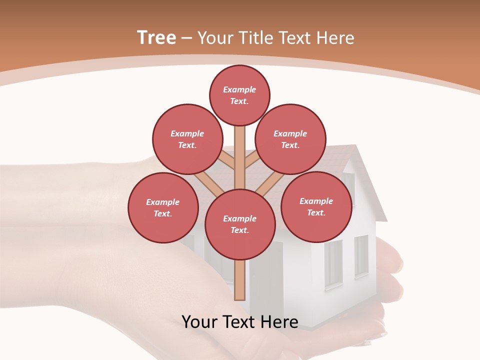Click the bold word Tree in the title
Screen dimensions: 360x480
tap(156, 38)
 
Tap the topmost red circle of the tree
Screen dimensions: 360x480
tap(239, 95)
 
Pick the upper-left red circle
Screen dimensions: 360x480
tap(187, 139)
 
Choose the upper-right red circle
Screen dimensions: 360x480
tap(290, 139)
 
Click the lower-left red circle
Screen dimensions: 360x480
tap(163, 207)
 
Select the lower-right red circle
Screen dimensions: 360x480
tap(316, 206)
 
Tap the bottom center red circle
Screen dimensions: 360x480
tap(240, 224)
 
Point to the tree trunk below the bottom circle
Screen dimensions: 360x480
tap(240, 280)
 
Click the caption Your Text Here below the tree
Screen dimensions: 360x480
tap(240, 321)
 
